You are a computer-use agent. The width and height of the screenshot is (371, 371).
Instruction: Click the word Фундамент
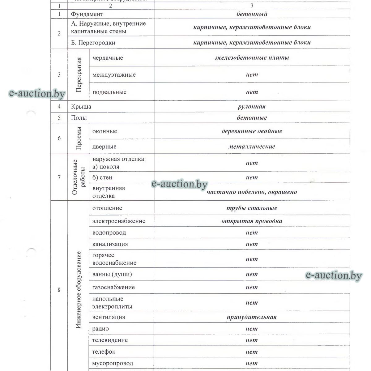87,14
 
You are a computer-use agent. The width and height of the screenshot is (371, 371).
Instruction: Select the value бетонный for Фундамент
252,14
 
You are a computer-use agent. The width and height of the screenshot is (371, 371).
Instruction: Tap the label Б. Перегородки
93,43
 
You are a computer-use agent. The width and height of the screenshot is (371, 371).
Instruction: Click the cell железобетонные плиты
252,58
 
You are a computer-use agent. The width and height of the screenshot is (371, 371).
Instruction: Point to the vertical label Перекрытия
79,75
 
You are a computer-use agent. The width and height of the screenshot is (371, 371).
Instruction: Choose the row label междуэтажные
114,75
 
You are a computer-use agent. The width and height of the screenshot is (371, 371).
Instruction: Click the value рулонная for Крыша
252,107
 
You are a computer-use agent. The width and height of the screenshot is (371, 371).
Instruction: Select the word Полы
79,118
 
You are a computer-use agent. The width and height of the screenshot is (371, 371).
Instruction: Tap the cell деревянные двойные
252,131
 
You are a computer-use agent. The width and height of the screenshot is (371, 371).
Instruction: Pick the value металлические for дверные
252,147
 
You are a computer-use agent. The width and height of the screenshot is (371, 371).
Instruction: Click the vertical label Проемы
79,139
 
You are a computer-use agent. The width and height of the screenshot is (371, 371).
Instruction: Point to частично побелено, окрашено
252,192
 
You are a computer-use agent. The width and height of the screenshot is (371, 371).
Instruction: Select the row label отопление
107,208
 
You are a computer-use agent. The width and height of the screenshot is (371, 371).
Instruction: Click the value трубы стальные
252,208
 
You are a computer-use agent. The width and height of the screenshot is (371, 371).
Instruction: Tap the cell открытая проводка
252,221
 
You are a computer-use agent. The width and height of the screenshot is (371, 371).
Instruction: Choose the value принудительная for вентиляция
252,317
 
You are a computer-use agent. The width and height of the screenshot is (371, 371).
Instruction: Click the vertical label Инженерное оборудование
79,290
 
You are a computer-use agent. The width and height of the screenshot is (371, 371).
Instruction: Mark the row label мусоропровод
113,363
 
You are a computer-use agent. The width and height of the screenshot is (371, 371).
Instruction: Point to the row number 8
59,290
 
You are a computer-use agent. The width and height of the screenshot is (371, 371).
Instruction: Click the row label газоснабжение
113,287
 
